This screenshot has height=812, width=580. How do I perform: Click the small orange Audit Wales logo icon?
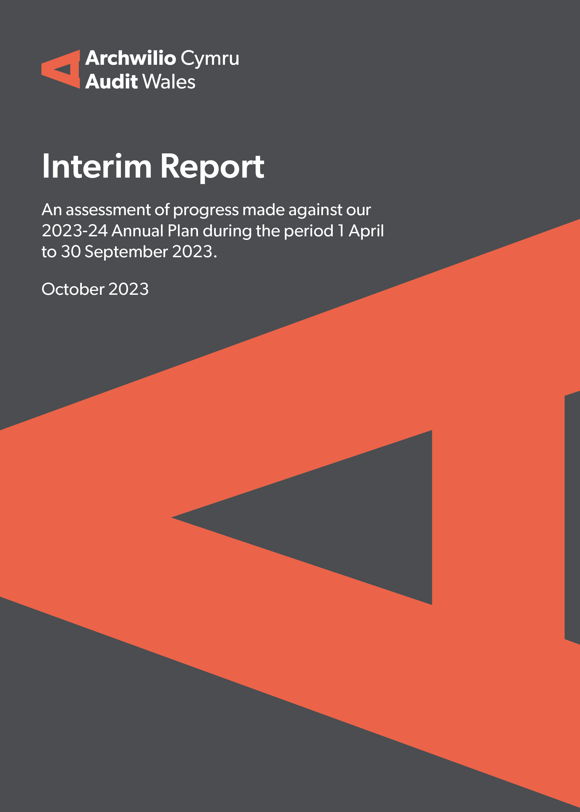point(61,69)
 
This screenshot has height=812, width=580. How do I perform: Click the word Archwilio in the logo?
point(131,58)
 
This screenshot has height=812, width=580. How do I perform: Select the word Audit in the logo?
point(111,81)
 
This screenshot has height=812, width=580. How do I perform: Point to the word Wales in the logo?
point(169,81)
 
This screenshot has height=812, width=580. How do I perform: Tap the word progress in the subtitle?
point(206,211)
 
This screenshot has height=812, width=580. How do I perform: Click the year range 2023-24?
point(75,231)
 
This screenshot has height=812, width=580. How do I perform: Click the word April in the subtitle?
point(366,231)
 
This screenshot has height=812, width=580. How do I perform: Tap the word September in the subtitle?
point(126,252)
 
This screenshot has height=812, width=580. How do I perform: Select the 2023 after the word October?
point(129,289)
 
